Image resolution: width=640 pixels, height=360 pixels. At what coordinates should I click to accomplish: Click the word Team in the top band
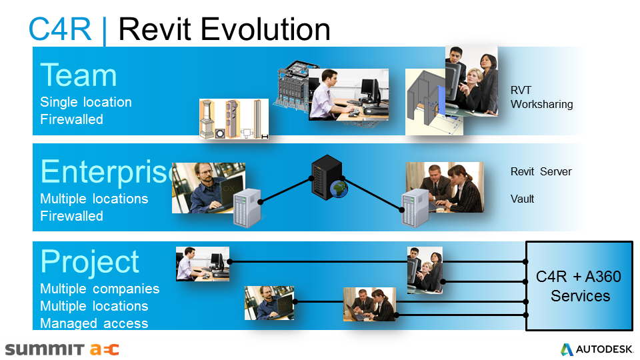click(79, 75)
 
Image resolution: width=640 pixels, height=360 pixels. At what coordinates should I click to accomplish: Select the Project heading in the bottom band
click(90, 261)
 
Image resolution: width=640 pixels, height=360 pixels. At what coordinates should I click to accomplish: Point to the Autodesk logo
click(596, 349)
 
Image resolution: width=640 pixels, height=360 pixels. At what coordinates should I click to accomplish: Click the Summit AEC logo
click(62, 349)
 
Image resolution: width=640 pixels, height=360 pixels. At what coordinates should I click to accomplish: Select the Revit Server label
click(541, 171)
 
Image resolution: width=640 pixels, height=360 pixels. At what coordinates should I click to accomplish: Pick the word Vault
click(522, 199)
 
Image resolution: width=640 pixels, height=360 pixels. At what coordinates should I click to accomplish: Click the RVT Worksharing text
click(541, 97)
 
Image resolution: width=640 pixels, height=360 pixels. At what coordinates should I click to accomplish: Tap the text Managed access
click(94, 323)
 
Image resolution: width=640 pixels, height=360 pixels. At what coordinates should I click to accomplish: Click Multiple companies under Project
click(100, 289)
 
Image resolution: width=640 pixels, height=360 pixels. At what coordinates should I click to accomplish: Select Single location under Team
click(86, 102)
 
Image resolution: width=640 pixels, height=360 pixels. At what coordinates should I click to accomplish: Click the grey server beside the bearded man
click(246, 207)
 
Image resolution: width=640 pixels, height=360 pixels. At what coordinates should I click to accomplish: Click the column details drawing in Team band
click(233, 119)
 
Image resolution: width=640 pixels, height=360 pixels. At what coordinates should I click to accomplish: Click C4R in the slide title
click(60, 29)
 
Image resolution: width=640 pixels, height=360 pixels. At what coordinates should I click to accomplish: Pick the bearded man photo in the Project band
click(269, 303)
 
